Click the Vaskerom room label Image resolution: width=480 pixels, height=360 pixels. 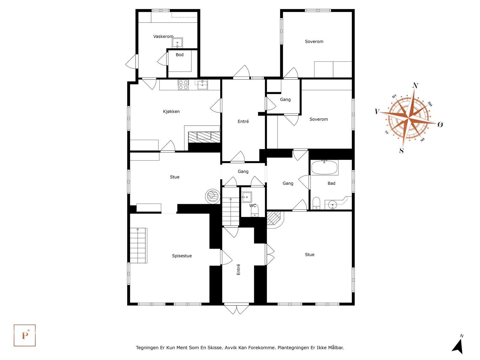pyautogui.click(x=163, y=37)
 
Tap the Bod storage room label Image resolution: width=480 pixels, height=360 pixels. pyautogui.click(x=179, y=55)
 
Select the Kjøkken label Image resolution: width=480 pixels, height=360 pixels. pyautogui.click(x=171, y=112)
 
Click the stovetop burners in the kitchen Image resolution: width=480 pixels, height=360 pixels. pyautogui.click(x=183, y=85)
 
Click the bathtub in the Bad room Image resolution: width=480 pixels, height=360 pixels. pyautogui.click(x=324, y=167)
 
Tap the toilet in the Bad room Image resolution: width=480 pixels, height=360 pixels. pyautogui.click(x=316, y=203)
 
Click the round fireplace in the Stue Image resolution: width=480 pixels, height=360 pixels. pyautogui.click(x=213, y=196)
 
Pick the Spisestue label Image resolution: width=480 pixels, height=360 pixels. pyautogui.click(x=182, y=256)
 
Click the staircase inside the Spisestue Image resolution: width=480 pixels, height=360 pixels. pyautogui.click(x=138, y=245)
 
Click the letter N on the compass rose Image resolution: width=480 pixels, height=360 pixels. pyautogui.click(x=415, y=86)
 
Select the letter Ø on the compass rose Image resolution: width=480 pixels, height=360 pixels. pyautogui.click(x=440, y=124)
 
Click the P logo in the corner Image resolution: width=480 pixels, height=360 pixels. pyautogui.click(x=25, y=335)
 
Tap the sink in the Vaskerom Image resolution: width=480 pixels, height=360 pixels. pyautogui.click(x=177, y=43)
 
